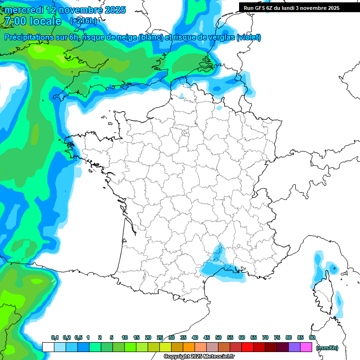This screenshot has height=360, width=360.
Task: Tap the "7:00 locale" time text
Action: click(32, 21)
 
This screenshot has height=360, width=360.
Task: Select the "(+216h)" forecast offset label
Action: click(83, 21)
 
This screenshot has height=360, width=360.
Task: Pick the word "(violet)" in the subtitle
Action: click(249, 37)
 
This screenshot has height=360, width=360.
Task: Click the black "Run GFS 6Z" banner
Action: click(293, 7)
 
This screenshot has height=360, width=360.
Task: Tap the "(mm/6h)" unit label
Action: click(327, 347)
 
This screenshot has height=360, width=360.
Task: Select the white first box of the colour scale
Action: click(48, 347)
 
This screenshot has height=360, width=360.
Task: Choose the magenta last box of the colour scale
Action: click(306, 347)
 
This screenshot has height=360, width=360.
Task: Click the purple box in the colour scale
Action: click(294, 347)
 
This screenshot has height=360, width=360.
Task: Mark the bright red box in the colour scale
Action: click(247, 347)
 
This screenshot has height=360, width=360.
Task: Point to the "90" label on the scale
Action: click(312, 337)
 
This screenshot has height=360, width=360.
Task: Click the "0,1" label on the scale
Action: click(54, 337)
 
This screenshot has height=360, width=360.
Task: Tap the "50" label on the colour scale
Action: click(218, 337)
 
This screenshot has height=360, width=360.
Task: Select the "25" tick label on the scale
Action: click(160, 337)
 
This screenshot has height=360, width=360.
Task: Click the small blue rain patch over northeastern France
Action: click(218, 107)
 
